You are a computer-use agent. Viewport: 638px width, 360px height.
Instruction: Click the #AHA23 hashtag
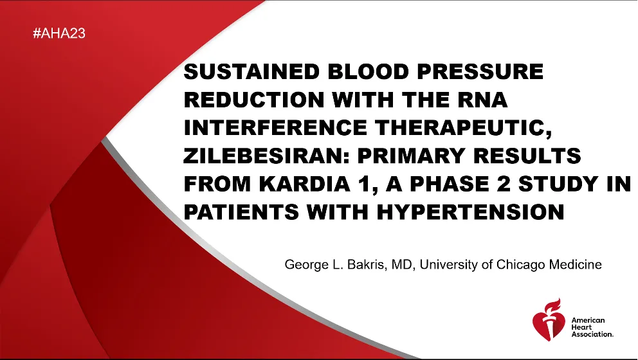tap(59, 33)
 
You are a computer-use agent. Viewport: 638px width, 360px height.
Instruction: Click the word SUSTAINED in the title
tap(252, 71)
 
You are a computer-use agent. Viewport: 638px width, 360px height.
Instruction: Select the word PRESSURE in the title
tap(480, 71)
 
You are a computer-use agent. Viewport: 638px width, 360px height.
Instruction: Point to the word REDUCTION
tap(254, 100)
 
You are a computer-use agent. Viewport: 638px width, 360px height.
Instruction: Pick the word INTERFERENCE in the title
tap(275, 128)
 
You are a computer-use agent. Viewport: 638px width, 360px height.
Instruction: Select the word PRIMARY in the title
tap(412, 156)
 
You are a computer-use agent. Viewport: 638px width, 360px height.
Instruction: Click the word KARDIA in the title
tap(304, 184)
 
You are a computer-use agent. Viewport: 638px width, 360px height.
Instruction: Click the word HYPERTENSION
tap(470, 212)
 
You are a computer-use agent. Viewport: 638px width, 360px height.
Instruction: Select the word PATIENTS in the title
tap(241, 212)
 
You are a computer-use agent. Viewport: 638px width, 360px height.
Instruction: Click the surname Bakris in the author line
tap(367, 265)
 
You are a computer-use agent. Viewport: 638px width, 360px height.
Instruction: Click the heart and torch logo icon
tap(549, 319)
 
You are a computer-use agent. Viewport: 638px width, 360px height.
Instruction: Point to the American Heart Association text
tap(592, 327)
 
